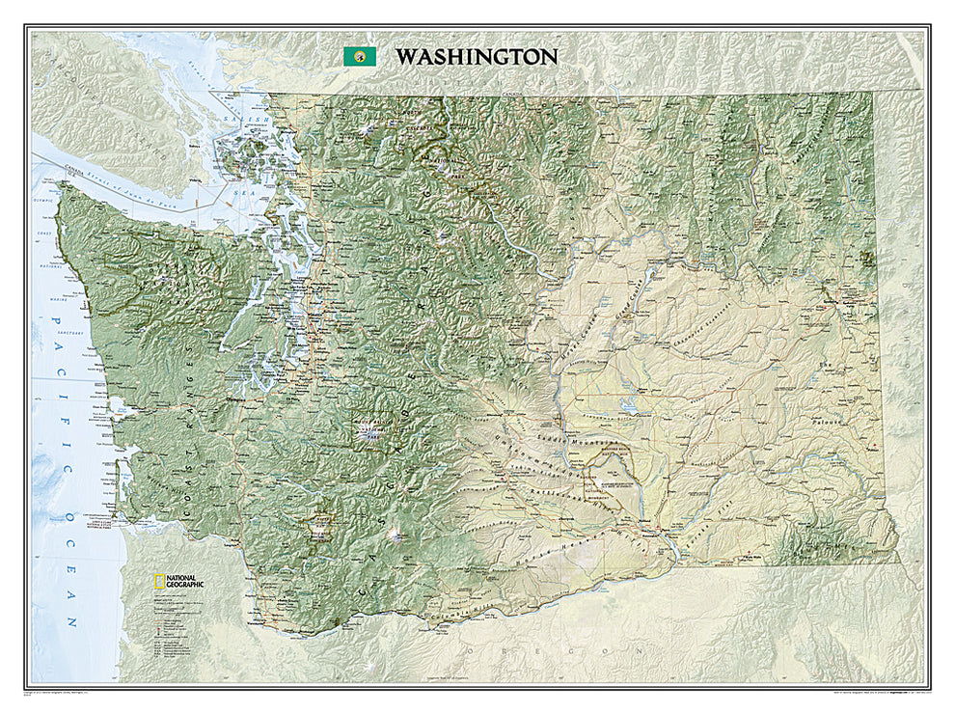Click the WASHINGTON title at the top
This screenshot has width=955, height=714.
(475, 57)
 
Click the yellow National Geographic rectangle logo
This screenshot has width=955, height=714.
(155, 582)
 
